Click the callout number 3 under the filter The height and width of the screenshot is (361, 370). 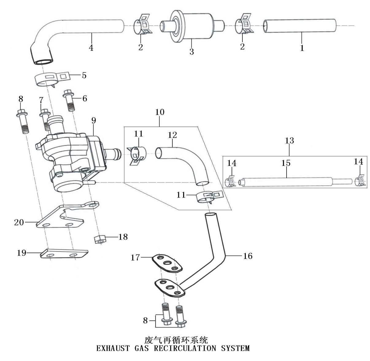point(192,52)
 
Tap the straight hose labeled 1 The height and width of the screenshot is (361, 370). point(300,26)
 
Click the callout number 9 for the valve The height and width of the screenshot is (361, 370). point(94,120)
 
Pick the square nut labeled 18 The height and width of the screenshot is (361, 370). point(100,238)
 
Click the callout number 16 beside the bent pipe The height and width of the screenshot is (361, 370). point(248,256)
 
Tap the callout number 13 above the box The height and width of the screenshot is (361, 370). point(289,141)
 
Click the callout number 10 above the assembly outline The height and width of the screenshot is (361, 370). point(160,112)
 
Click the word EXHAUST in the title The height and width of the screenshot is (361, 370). point(113,348)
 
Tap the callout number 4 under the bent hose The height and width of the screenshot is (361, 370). point(91,48)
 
